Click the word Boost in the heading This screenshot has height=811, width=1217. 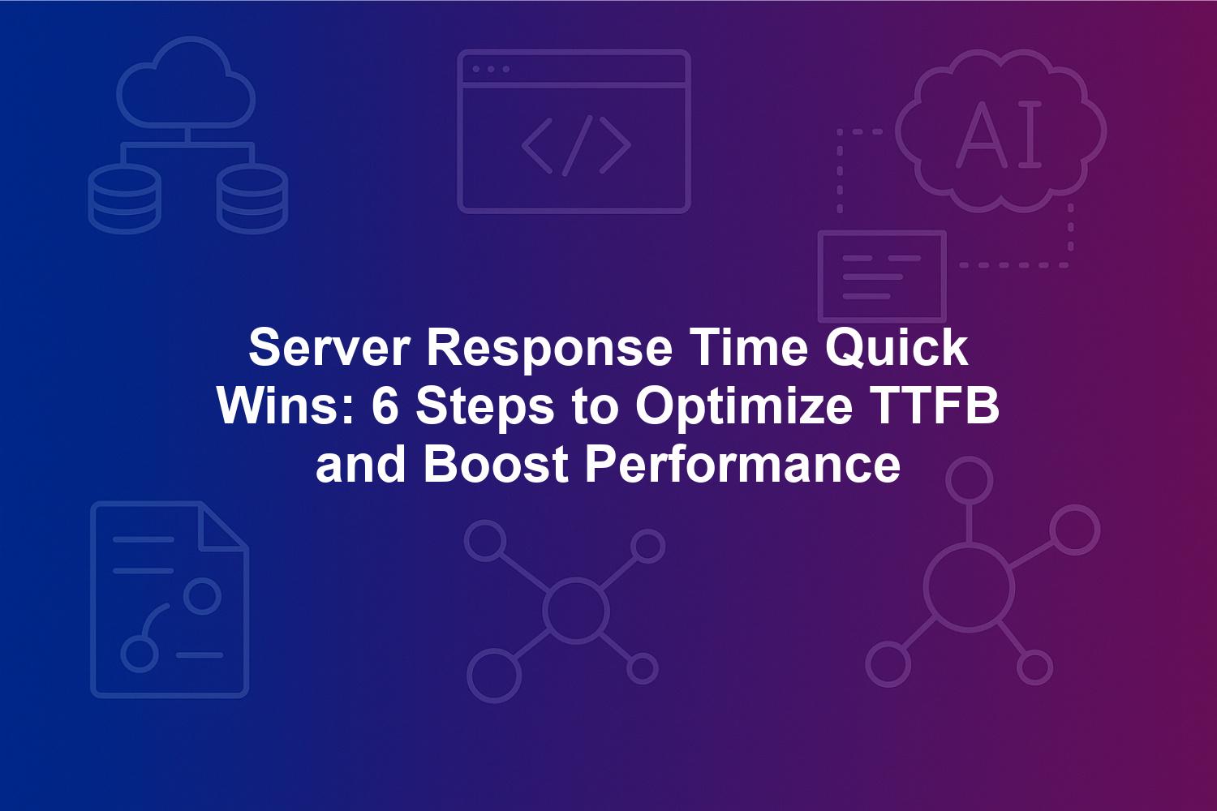click(496, 465)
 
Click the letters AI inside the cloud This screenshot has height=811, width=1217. click(999, 134)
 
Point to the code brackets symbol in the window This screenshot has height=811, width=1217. click(576, 146)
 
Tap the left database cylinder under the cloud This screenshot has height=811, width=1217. click(124, 198)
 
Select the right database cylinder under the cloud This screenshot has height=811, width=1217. click(252, 198)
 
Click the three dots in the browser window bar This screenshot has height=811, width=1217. click(491, 69)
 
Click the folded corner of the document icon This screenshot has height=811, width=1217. click(224, 527)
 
